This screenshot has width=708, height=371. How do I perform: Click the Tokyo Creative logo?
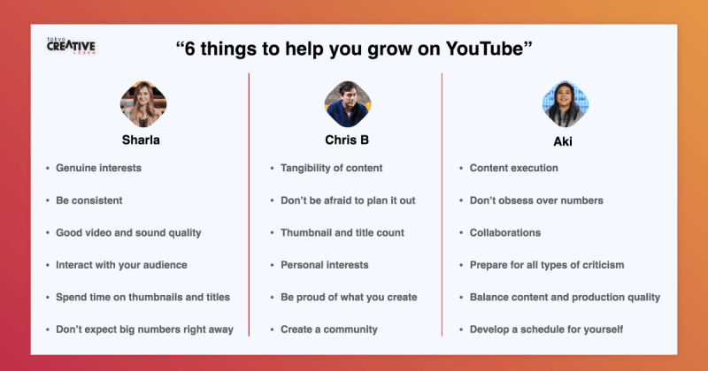click(x=71, y=46)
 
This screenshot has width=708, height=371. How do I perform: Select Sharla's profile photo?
click(x=143, y=104)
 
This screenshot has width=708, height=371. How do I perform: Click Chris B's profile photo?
click(x=348, y=104)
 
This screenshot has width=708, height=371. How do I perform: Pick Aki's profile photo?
click(x=566, y=104)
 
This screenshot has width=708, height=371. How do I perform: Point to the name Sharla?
click(x=141, y=140)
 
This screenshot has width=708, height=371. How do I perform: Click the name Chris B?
click(x=347, y=140)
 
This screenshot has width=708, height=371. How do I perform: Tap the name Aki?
click(x=563, y=141)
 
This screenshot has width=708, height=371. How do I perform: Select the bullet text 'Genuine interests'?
click(x=98, y=168)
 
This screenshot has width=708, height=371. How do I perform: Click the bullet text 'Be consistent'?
click(x=89, y=201)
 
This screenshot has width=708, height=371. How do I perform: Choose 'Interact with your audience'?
click(x=121, y=265)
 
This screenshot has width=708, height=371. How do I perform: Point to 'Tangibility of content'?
click(x=331, y=168)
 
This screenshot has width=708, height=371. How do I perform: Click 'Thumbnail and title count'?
click(x=342, y=232)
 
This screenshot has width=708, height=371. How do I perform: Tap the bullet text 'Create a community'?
click(x=329, y=329)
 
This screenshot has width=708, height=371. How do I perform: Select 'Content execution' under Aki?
click(x=514, y=168)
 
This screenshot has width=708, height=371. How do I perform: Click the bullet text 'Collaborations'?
click(x=505, y=232)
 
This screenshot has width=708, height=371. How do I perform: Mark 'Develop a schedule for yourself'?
click(x=546, y=329)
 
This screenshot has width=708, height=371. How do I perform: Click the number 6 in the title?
click(x=189, y=49)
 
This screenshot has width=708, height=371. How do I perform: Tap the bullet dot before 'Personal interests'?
click(x=272, y=266)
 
